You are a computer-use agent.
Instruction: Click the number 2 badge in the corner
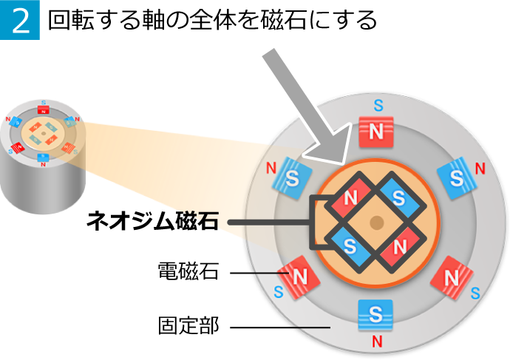pyautogui.click(x=20, y=20)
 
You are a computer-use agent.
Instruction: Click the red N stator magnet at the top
pyautogui.click(x=376, y=132)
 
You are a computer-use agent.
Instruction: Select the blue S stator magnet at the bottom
pyautogui.click(x=375, y=314)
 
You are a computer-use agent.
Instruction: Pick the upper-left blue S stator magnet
pyautogui.click(x=292, y=178)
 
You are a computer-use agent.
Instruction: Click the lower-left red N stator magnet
pyautogui.click(x=299, y=277)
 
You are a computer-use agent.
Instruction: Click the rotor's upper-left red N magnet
pyautogui.click(x=350, y=197)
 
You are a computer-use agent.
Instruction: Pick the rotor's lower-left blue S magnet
pyautogui.click(x=350, y=245)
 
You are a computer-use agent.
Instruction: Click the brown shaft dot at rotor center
pyautogui.click(x=376, y=223)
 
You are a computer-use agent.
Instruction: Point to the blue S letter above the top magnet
pyautogui.click(x=378, y=106)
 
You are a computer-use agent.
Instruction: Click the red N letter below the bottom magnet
pyautogui.click(x=377, y=342)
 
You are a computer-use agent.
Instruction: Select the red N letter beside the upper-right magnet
pyautogui.click(x=480, y=169)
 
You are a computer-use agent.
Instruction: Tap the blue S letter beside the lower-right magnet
pyautogui.click(x=475, y=293)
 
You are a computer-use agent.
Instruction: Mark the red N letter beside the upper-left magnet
pyautogui.click(x=271, y=169)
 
